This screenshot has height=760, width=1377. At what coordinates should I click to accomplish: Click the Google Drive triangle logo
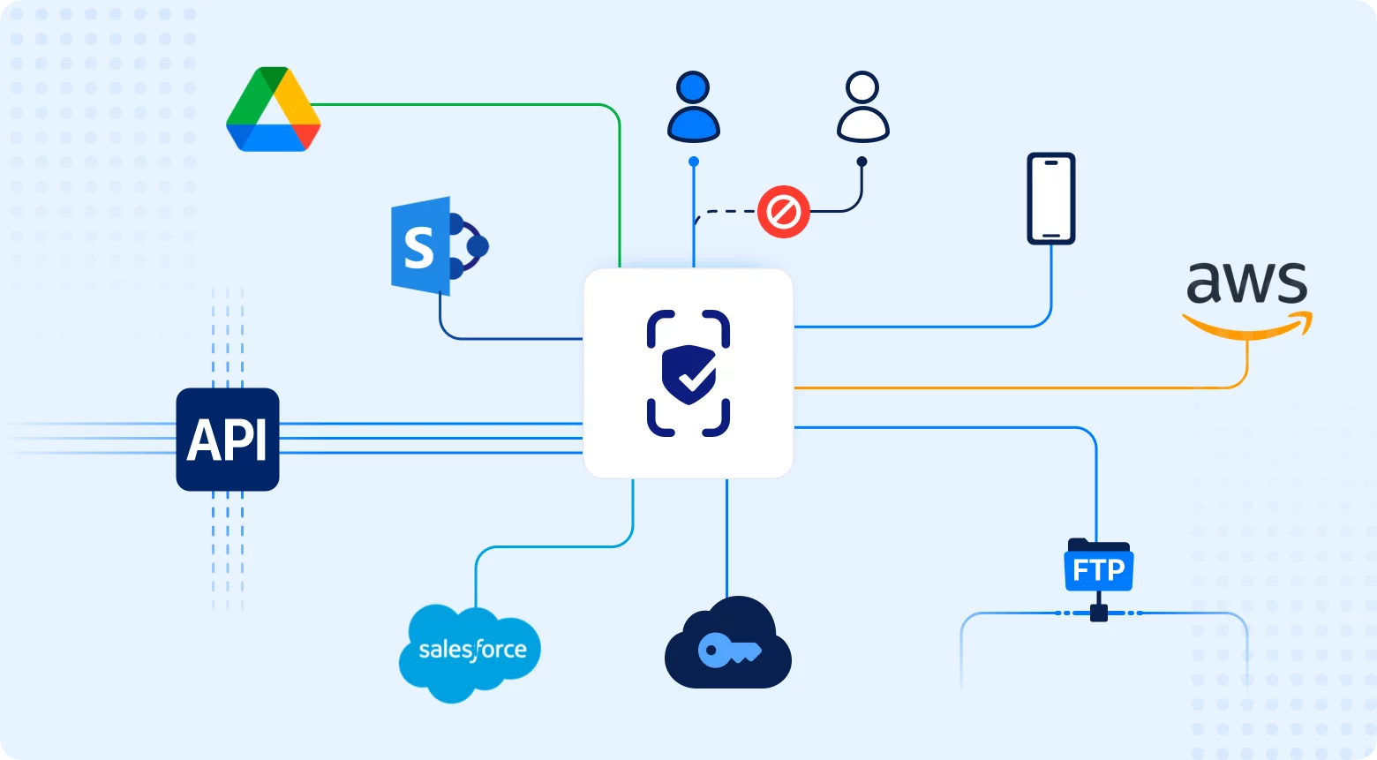pos(273,110)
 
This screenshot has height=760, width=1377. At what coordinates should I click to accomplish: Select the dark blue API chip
pos(228,440)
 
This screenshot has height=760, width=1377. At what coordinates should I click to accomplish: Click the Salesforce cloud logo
pos(470,651)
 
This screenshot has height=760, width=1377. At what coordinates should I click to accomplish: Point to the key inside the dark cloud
pos(728,651)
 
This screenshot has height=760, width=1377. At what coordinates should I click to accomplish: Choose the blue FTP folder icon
pos(1098,567)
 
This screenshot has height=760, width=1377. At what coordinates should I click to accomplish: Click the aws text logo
pos(1246,283)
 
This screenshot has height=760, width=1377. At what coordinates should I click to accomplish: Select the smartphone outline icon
pos(1050,199)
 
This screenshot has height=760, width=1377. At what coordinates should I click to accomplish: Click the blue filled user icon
pos(694,107)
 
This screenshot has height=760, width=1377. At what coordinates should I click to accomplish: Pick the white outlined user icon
pos(862,107)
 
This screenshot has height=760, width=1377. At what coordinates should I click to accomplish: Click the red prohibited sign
pos(784,212)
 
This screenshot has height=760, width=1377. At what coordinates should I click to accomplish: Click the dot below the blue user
pos(694,162)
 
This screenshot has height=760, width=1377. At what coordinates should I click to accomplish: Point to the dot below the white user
pos(862,162)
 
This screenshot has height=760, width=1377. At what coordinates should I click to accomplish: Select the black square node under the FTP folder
pos(1098,613)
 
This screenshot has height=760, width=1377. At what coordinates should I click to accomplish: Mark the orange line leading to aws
pos(1015,388)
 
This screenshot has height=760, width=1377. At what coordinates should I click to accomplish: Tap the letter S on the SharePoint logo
pos(419,248)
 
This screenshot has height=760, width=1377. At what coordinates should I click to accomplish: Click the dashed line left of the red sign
pos(728,212)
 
